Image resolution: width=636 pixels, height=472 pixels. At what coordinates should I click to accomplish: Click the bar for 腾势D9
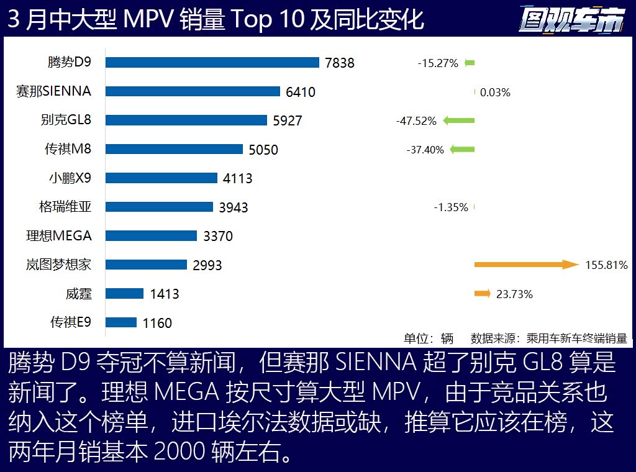pyautogui.click(x=212, y=62)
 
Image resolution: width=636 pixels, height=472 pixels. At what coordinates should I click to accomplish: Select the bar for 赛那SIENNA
pyautogui.click(x=193, y=91)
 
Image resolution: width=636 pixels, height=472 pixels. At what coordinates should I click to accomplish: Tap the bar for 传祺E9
pyautogui.click(x=121, y=322)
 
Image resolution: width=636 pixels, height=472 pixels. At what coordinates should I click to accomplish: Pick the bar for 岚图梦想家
pyautogui.click(x=146, y=265)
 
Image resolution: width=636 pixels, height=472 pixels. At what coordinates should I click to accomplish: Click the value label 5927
pyautogui.click(x=288, y=120)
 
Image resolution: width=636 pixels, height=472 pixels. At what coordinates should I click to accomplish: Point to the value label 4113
pyautogui.click(x=238, y=178)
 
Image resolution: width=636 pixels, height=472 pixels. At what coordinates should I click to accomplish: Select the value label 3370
pyautogui.click(x=218, y=236)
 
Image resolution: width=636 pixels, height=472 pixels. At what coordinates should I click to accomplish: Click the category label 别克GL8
pyautogui.click(x=65, y=120)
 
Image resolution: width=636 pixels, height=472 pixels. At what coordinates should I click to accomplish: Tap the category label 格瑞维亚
pyautogui.click(x=65, y=207)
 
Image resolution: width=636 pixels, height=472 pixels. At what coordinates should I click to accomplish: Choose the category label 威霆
pyautogui.click(x=78, y=294)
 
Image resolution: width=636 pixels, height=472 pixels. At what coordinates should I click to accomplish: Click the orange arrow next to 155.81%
pyautogui.click(x=526, y=265)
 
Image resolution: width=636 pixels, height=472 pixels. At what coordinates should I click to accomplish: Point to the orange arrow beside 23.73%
pyautogui.click(x=483, y=294)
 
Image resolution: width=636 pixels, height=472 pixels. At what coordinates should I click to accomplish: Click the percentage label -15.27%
pyautogui.click(x=438, y=63)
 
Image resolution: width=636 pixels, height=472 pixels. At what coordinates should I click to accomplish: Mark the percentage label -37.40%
pyautogui.click(x=425, y=150)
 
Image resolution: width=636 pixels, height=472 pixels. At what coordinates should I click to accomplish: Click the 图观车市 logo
pyautogui.click(x=571, y=20)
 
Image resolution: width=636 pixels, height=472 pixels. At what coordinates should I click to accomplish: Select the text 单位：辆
pyautogui.click(x=429, y=338)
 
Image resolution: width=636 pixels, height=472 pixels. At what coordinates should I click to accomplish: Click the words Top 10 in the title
pyautogui.click(x=268, y=20)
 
